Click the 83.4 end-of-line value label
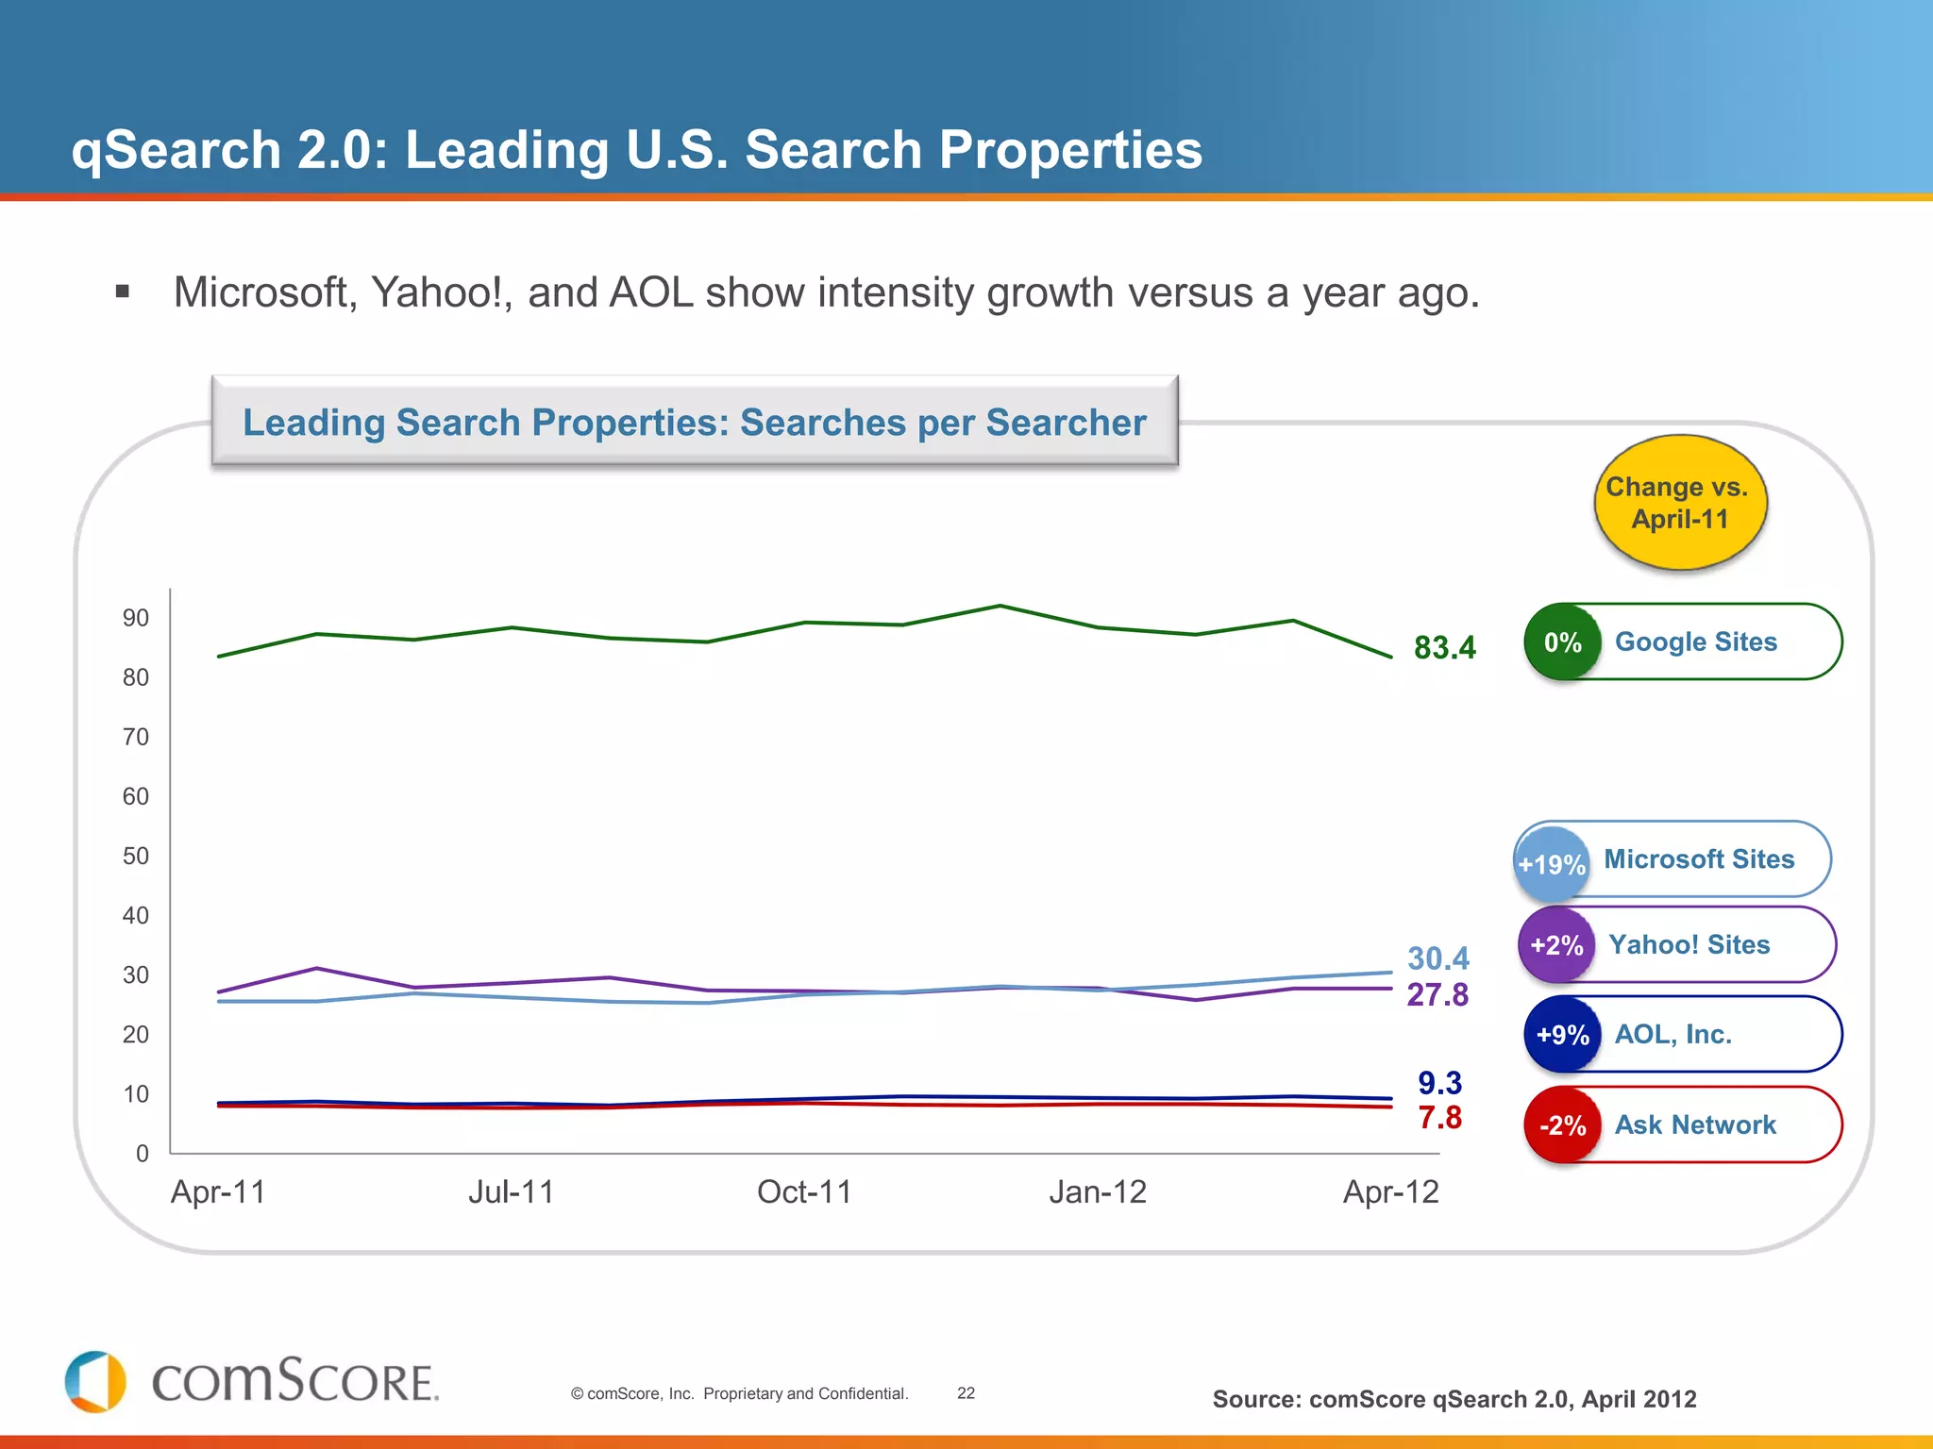coord(1444,648)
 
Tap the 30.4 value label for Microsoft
coord(1437,958)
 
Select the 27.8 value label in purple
coord(1437,995)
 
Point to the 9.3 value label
coord(1439,1083)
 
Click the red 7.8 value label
coord(1439,1118)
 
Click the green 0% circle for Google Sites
coord(1562,642)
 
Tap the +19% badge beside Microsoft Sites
coord(1551,864)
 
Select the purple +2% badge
coord(1556,945)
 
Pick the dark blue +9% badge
coord(1562,1035)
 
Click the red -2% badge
coord(1562,1125)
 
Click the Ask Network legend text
coord(1695,1125)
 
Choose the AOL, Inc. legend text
coord(1672,1035)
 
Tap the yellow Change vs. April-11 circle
coord(1679,503)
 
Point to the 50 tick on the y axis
coord(136,857)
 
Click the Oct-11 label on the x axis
coord(804,1192)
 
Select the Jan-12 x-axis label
coord(1098,1192)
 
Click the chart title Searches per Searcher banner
coord(695,423)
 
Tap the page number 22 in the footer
coord(966,1393)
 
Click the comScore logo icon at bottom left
coord(95,1382)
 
